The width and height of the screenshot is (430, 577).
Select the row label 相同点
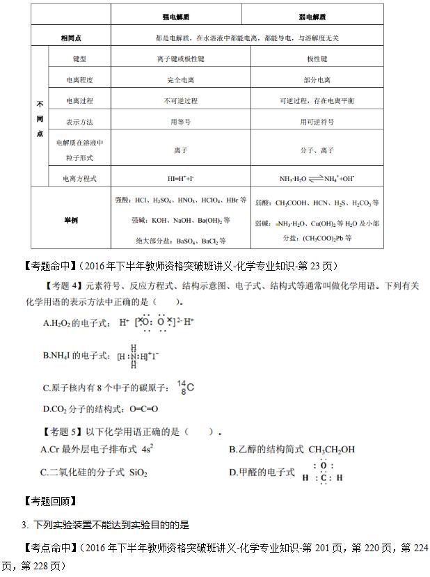pyautogui.click(x=74, y=36)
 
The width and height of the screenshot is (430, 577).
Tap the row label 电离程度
pyautogui.click(x=79, y=80)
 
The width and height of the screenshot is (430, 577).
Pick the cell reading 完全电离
pyautogui.click(x=180, y=80)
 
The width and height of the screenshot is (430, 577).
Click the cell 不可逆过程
pyautogui.click(x=180, y=101)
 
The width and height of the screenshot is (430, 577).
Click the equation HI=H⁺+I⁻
pyautogui.click(x=180, y=179)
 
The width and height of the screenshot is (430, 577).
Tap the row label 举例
pyautogui.click(x=70, y=220)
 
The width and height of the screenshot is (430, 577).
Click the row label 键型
pyautogui.click(x=79, y=59)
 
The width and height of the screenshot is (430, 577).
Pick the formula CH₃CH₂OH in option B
pyautogui.click(x=331, y=450)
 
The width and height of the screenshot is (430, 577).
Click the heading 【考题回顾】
pyautogui.click(x=49, y=501)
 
